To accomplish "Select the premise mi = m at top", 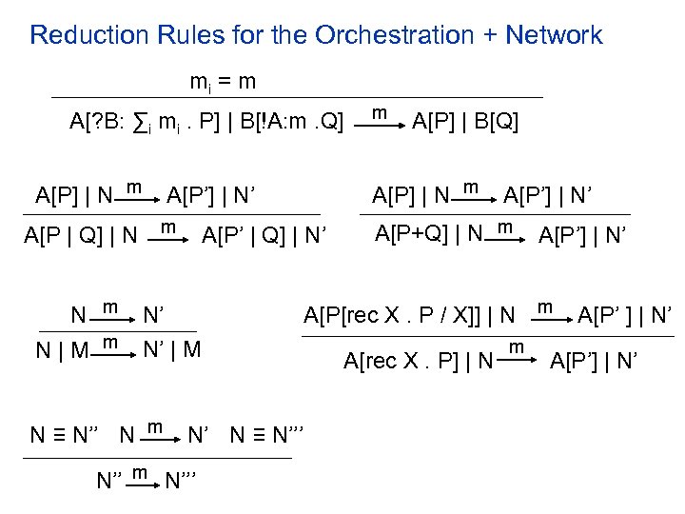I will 222,82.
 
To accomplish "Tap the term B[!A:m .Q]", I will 294,123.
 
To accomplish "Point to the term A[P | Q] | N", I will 80,233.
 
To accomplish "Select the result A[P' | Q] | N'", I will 264,233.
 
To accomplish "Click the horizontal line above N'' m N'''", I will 156,458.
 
